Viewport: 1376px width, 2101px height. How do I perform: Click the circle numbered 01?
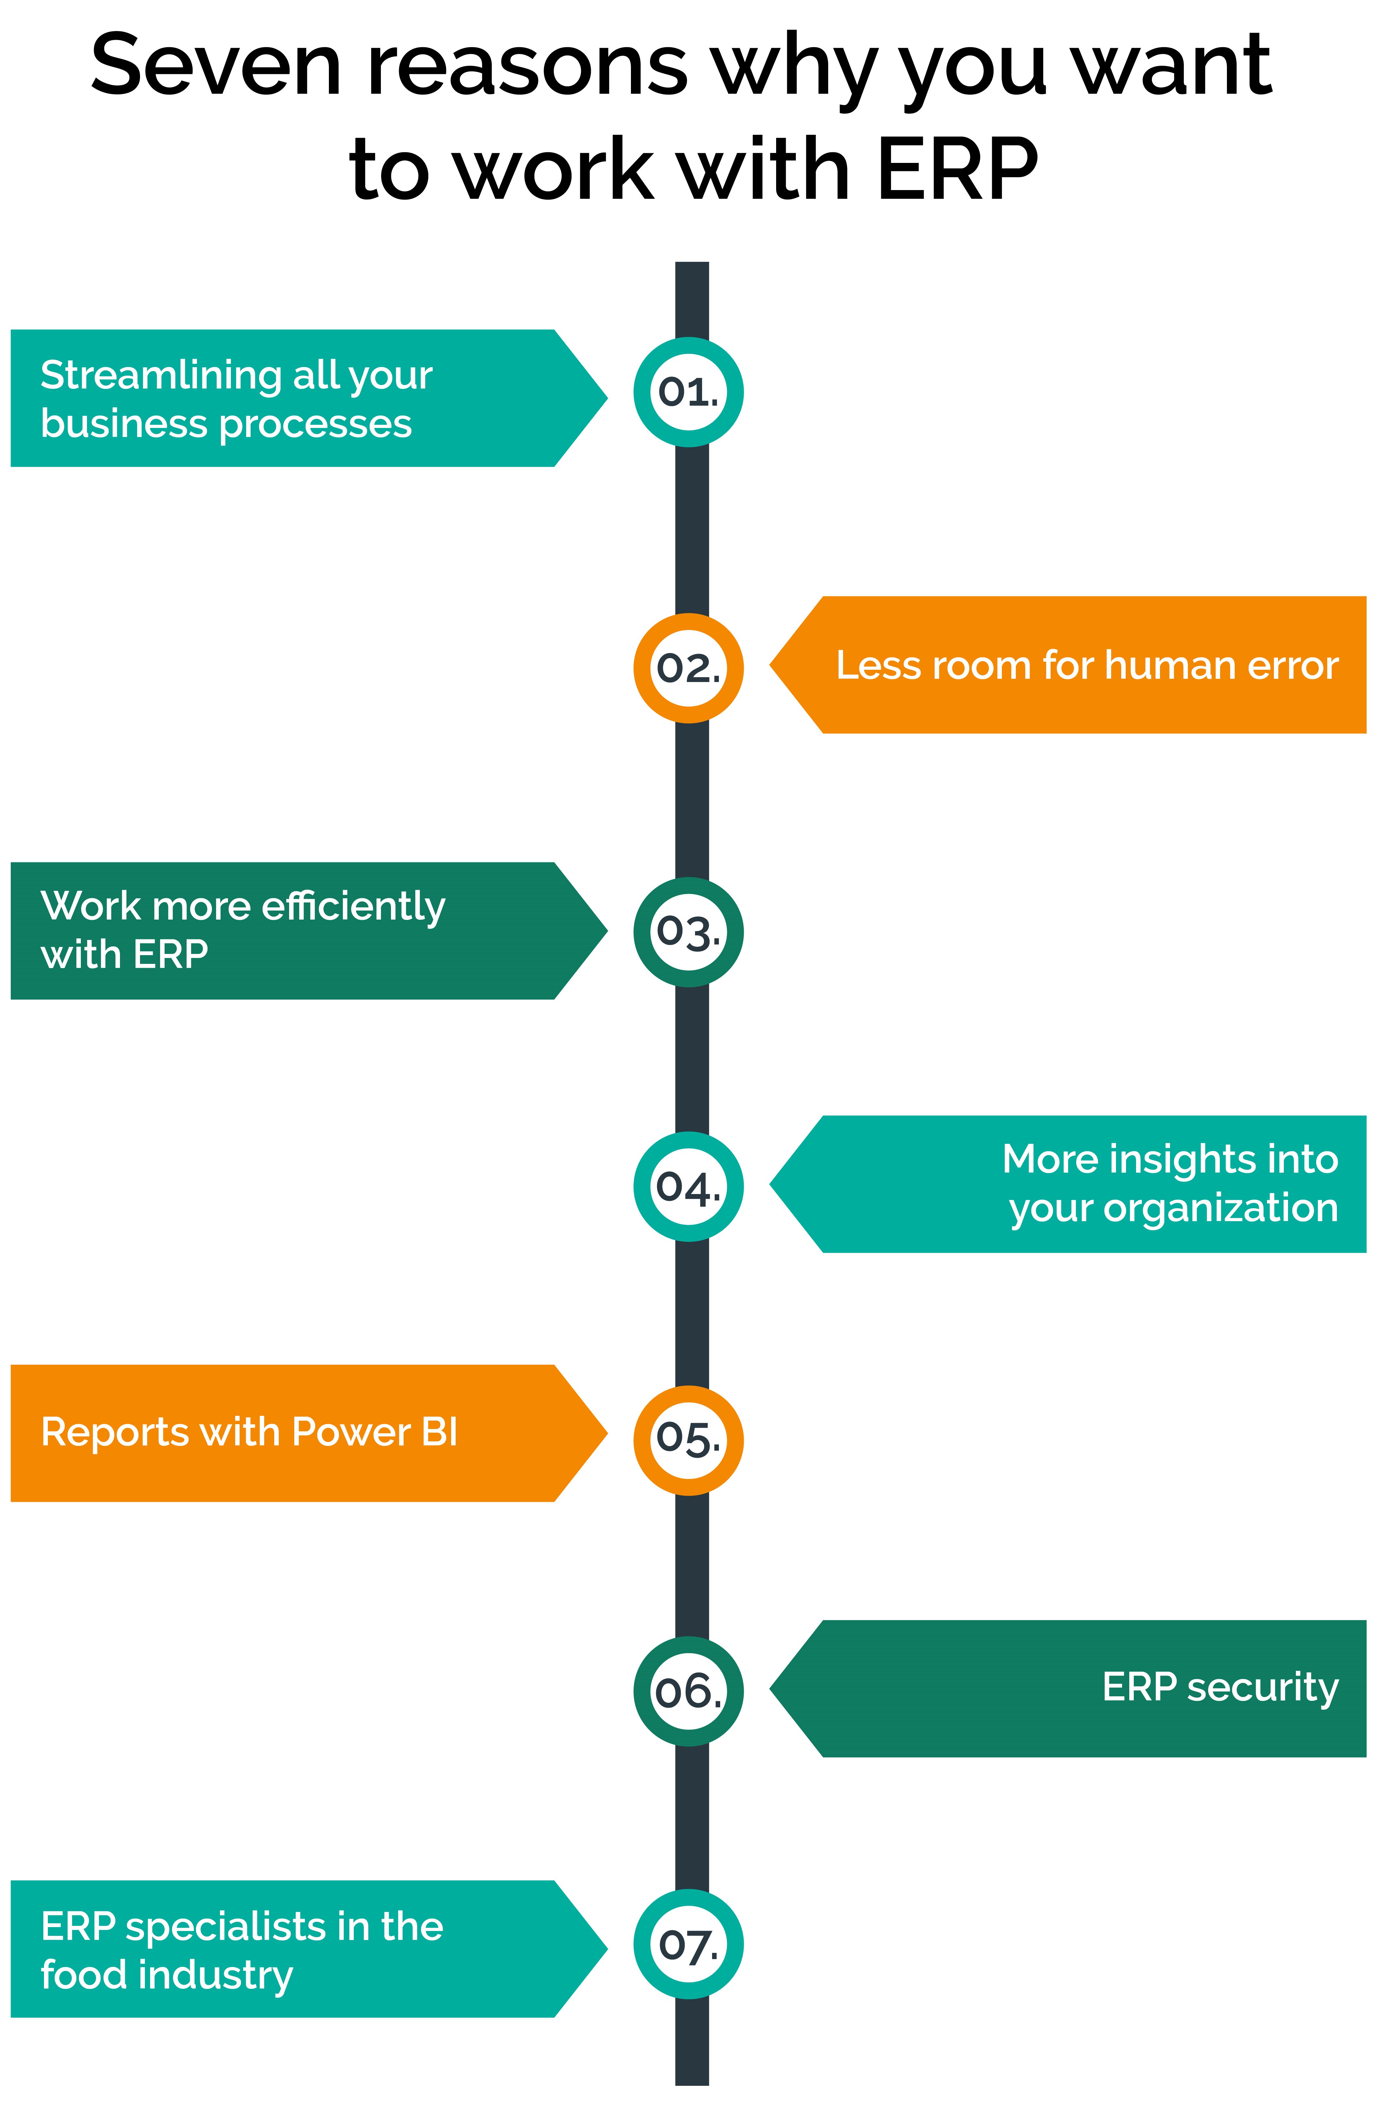688,392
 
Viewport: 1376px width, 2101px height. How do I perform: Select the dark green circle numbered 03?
688,932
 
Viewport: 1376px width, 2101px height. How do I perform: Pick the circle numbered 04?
688,1187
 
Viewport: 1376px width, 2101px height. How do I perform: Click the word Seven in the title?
216,66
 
